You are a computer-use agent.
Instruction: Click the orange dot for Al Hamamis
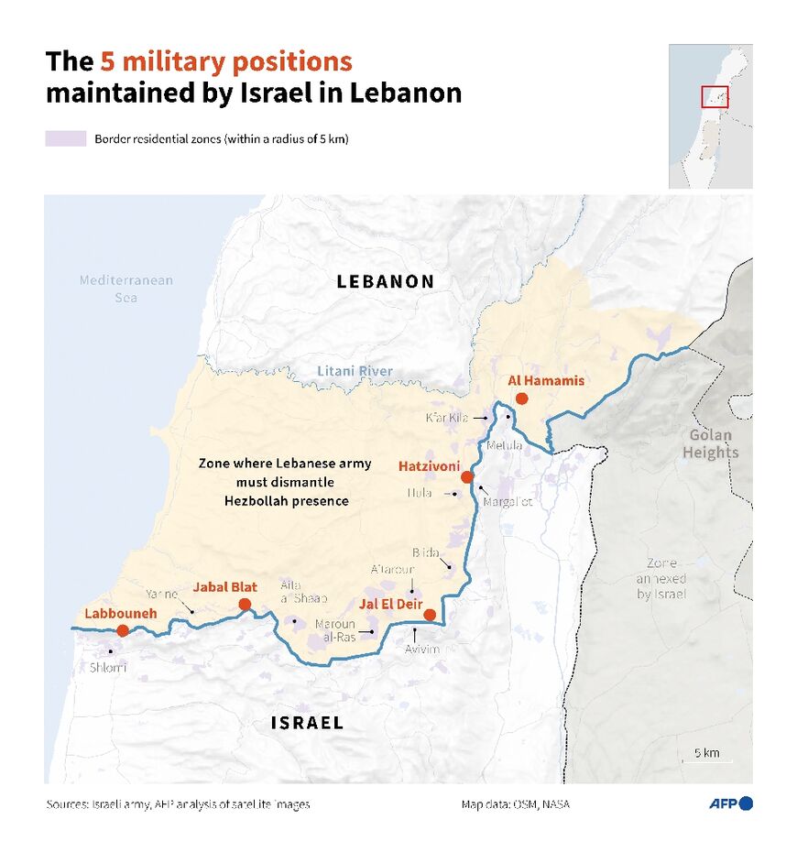(x=521, y=399)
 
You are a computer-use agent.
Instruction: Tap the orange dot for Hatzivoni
(x=467, y=477)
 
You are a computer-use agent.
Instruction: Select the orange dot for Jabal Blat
(x=245, y=604)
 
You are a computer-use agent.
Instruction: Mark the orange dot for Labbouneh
(x=123, y=630)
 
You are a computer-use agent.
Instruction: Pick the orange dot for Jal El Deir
(x=430, y=615)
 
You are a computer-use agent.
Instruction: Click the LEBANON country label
(x=386, y=281)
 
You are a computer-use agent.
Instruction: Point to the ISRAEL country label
(x=307, y=723)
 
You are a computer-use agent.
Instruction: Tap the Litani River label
(x=355, y=371)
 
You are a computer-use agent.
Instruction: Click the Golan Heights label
(x=710, y=443)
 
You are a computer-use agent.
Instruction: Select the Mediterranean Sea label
(x=126, y=289)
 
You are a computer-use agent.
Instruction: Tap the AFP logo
(x=730, y=803)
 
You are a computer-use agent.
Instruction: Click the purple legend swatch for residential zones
(x=66, y=139)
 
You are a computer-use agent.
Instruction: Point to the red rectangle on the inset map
(x=715, y=96)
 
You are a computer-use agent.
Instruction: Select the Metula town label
(x=504, y=445)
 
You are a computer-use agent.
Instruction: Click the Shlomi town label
(x=108, y=667)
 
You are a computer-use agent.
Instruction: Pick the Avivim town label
(x=422, y=649)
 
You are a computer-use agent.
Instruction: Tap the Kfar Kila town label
(x=447, y=418)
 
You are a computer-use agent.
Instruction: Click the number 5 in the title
(x=107, y=61)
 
